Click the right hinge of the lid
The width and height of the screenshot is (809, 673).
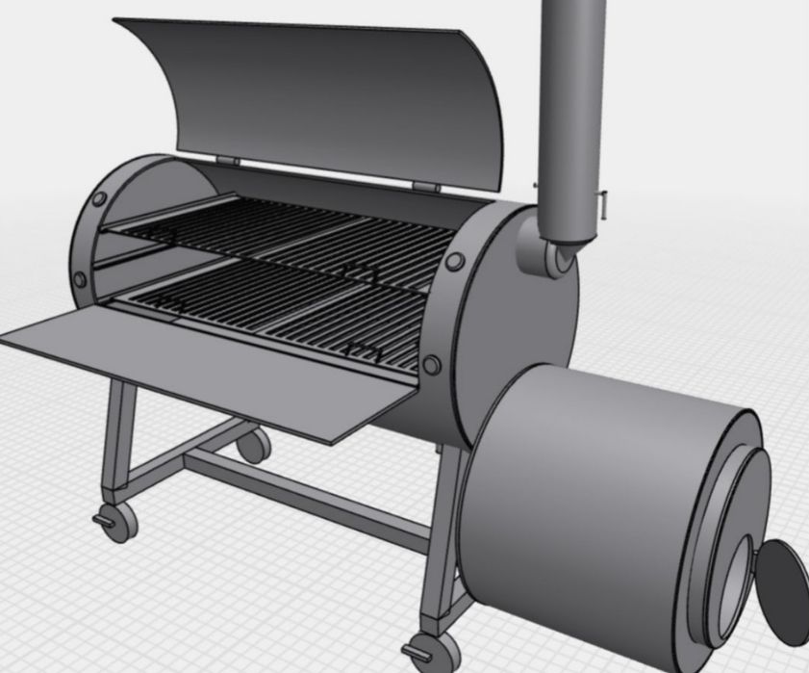point(424,186)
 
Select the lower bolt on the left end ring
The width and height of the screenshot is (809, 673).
point(80,279)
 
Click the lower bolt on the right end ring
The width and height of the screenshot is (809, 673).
point(432,364)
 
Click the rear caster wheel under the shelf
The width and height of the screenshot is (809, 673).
point(253,445)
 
